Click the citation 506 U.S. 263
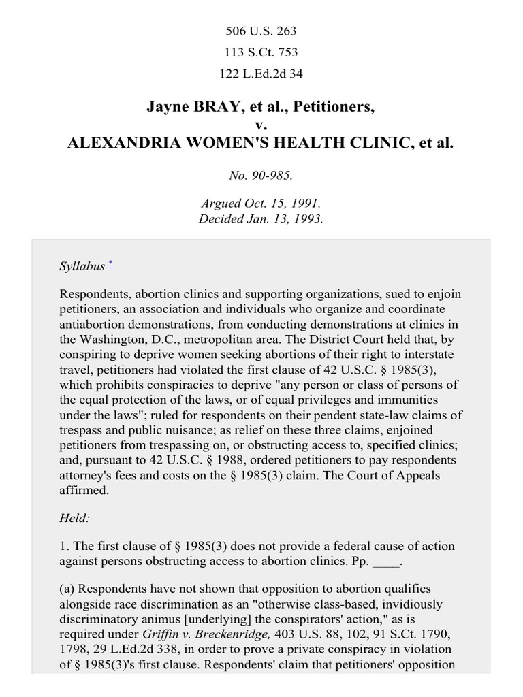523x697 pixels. (261, 31)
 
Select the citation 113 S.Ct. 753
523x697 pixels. (261, 52)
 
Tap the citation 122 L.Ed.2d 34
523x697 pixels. (261, 74)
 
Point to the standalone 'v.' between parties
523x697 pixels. (261, 125)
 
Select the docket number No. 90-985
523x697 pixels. (261, 175)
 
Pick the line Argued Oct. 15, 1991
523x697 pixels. (261, 204)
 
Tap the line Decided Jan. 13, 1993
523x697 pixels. (261, 218)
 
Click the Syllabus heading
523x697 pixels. (82, 266)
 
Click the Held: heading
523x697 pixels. (74, 518)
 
